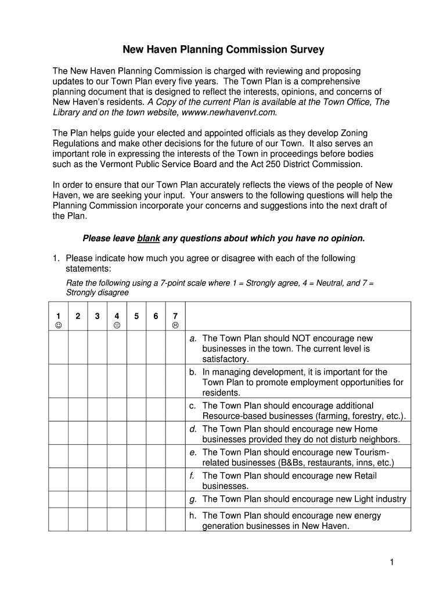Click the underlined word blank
point(149,238)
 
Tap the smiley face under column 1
point(58,325)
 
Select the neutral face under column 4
point(117,325)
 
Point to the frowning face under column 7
point(175,325)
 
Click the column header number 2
point(78,316)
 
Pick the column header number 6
point(156,316)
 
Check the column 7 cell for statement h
point(175,520)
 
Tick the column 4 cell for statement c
point(117,410)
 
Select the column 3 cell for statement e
point(97,457)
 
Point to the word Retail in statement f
point(363,476)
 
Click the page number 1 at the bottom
point(392,562)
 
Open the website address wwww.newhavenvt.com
point(228,112)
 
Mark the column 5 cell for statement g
point(136,499)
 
